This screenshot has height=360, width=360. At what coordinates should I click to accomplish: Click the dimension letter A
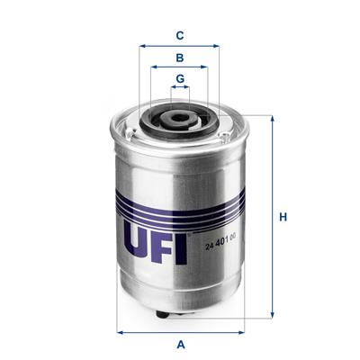click(x=180, y=345)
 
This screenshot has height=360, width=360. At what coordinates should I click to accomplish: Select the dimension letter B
click(x=180, y=58)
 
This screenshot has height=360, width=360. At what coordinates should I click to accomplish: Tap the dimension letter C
click(x=180, y=36)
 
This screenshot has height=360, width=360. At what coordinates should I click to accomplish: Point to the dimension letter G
click(x=180, y=78)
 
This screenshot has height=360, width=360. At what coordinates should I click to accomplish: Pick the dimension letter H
click(x=283, y=217)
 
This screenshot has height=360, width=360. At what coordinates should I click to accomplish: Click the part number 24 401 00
click(x=220, y=237)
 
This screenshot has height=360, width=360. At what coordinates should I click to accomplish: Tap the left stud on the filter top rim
click(x=135, y=135)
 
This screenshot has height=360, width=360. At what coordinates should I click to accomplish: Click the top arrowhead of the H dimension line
click(x=271, y=118)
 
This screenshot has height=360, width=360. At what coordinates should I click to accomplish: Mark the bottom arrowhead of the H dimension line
click(x=271, y=316)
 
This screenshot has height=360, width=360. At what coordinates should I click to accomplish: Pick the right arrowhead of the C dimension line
click(x=218, y=45)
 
